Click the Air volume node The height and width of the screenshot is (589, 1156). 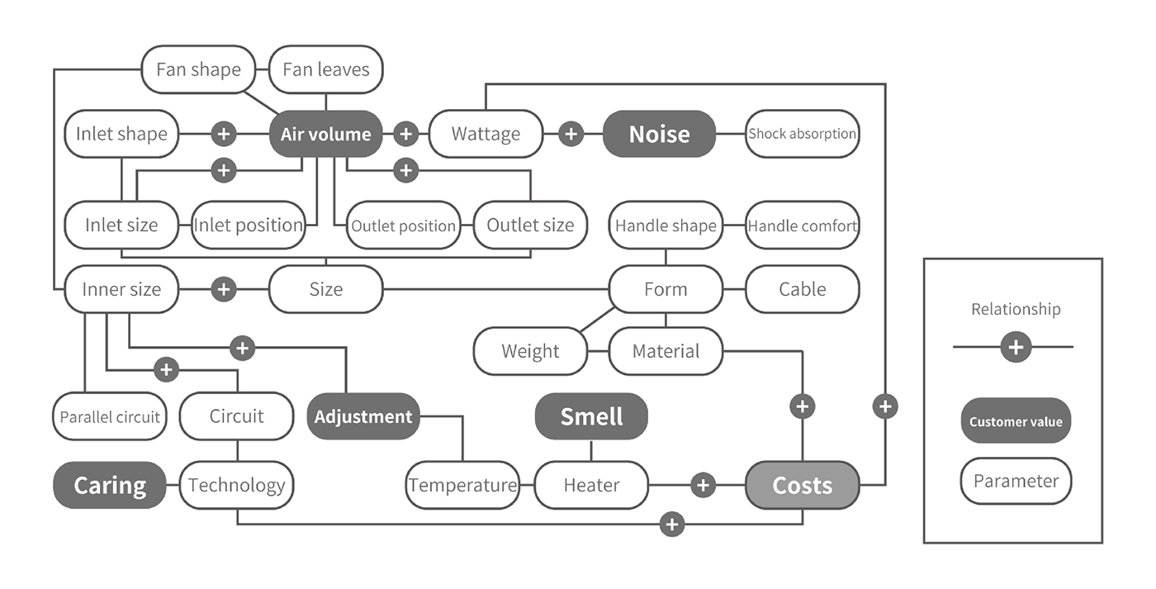[325, 134]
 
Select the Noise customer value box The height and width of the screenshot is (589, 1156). [659, 134]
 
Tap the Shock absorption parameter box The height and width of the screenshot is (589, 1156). [803, 134]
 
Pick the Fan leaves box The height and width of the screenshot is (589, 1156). [325, 69]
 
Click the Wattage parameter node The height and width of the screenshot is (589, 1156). [486, 134]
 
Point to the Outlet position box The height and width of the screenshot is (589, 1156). [403, 226]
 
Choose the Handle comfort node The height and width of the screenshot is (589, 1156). [803, 226]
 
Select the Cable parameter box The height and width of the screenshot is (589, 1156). [803, 289]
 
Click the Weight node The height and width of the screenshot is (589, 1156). [530, 351]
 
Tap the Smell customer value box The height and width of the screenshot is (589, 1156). [591, 416]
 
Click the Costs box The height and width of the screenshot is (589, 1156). [803, 485]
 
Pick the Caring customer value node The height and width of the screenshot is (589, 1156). [110, 485]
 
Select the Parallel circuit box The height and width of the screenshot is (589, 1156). [110, 416]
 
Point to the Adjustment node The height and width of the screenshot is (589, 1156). [363, 416]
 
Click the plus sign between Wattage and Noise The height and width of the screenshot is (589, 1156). [571, 134]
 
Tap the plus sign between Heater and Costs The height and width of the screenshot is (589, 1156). [703, 485]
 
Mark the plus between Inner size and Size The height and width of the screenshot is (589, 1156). [224, 289]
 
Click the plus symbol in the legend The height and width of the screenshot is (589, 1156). [1016, 347]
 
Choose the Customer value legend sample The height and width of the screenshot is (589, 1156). [1016, 421]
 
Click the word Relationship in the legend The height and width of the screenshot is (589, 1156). [1016, 310]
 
